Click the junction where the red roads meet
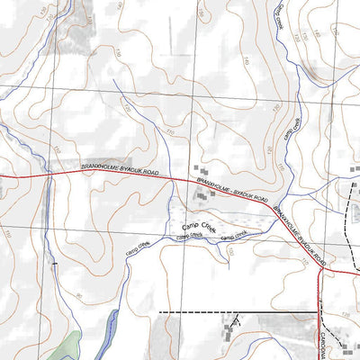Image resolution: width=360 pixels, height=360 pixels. [x=321, y=267]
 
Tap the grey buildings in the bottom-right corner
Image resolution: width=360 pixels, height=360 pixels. [x=346, y=346]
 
